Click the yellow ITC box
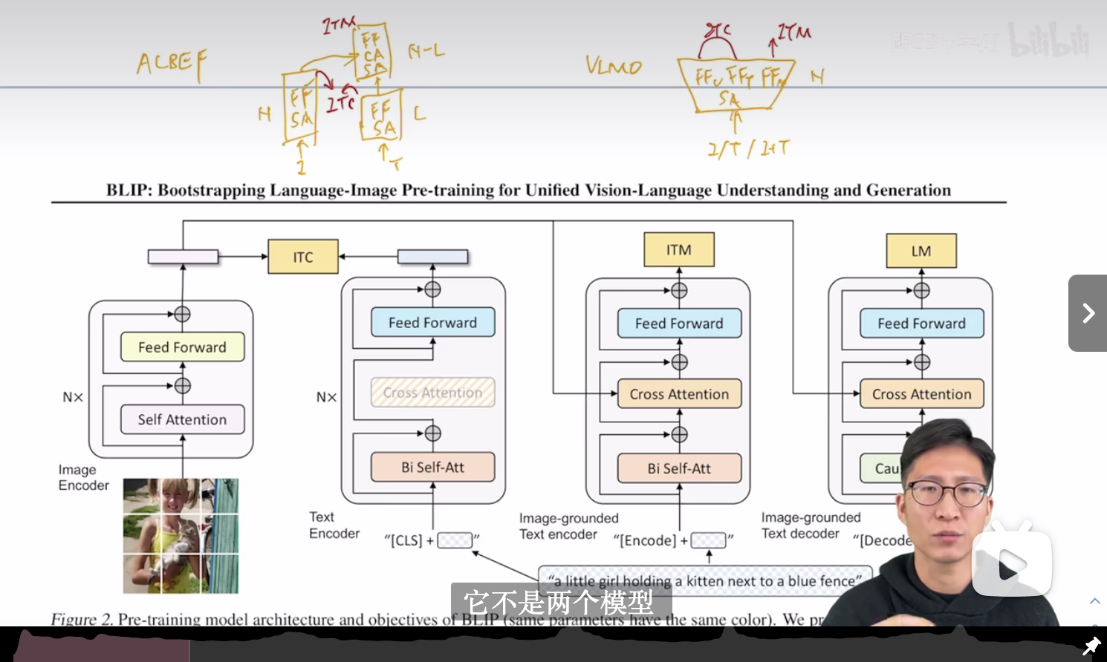[x=303, y=257]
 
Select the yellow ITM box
[x=679, y=250]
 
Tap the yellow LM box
[x=921, y=251]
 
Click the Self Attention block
[x=182, y=419]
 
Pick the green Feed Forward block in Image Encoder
[x=182, y=347]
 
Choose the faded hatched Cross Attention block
[x=432, y=393]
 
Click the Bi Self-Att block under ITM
[x=679, y=468]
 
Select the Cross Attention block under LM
[x=921, y=394]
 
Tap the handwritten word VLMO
[x=613, y=66]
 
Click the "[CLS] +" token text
[x=409, y=540]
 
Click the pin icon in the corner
[x=1091, y=646]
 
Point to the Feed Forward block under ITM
[x=679, y=324]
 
